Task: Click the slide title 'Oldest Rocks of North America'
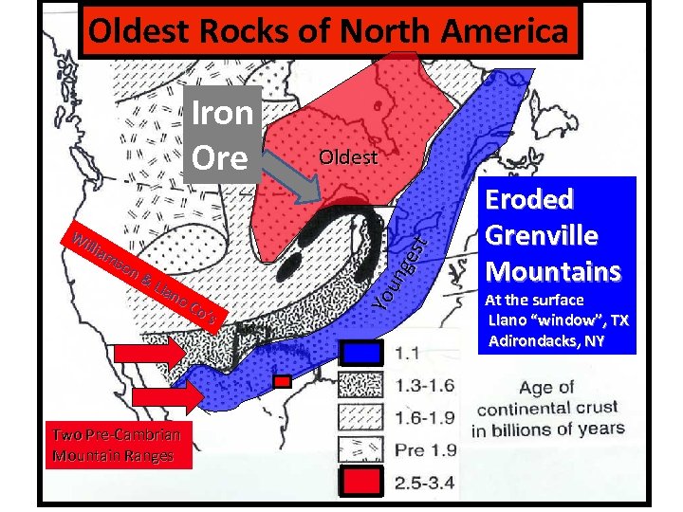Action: [328, 32]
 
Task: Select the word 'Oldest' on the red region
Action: [348, 157]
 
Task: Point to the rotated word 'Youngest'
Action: [398, 264]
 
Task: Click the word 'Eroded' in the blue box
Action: [529, 200]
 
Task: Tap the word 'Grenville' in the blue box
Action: [541, 235]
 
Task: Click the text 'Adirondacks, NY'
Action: [545, 339]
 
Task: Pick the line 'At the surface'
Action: [534, 300]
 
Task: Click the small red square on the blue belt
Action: [282, 381]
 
